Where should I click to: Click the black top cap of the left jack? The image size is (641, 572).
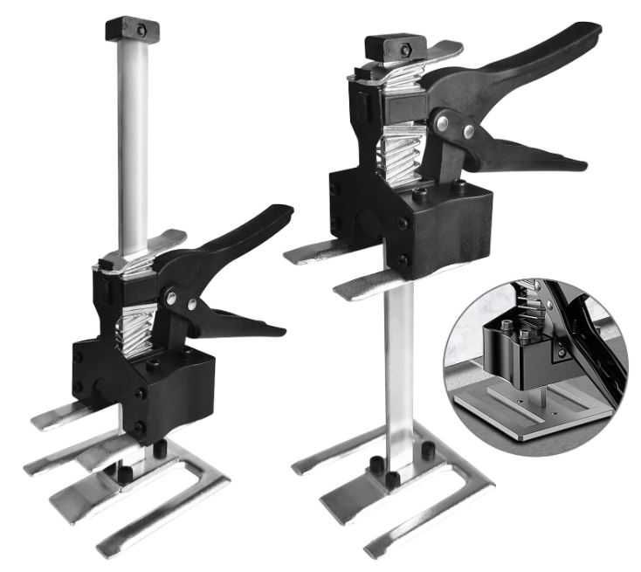131,29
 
